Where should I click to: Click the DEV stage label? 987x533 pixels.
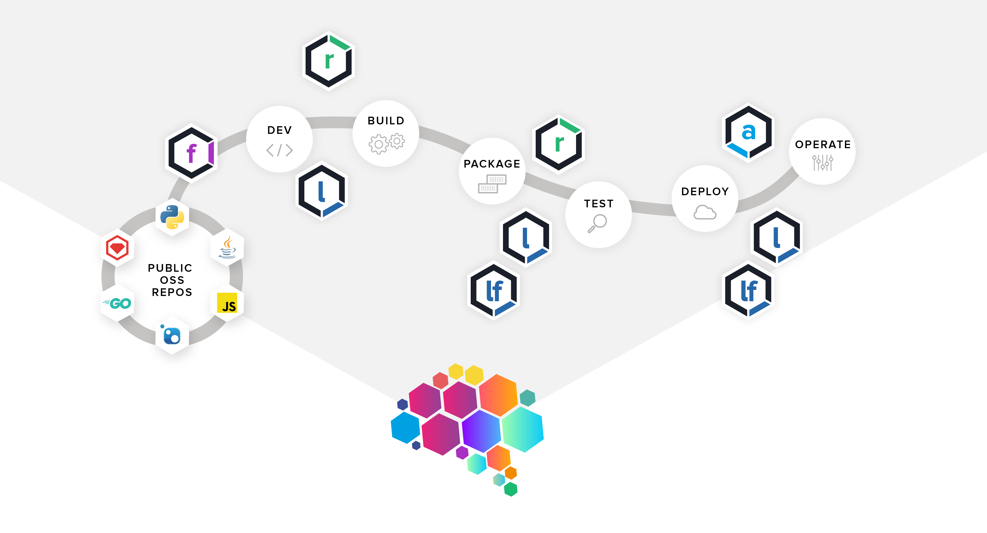[279, 130]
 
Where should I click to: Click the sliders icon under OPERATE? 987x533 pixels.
[822, 163]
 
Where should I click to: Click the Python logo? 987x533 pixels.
[172, 217]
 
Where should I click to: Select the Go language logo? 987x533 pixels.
[117, 303]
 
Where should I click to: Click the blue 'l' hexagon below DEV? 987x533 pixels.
[322, 192]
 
